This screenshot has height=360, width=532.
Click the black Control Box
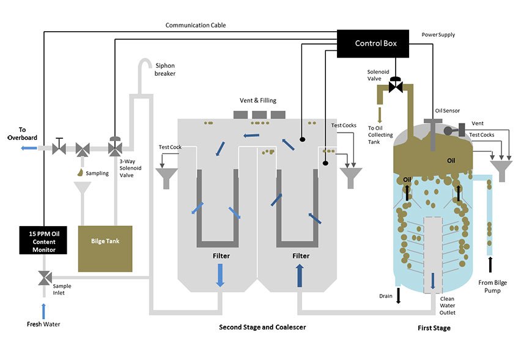(x=376, y=43)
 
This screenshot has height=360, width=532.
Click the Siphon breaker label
(x=165, y=70)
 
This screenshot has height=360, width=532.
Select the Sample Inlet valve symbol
(x=43, y=278)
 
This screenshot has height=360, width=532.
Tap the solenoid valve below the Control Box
(x=396, y=86)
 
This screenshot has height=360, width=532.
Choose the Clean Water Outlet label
(x=447, y=306)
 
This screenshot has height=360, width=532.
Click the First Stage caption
(x=434, y=328)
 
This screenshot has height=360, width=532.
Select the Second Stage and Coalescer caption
(x=262, y=327)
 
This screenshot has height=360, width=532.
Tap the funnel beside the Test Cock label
(x=166, y=178)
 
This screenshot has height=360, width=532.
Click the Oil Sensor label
(x=447, y=110)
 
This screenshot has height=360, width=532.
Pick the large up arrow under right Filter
(x=300, y=275)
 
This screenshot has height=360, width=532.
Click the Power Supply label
(x=438, y=35)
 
